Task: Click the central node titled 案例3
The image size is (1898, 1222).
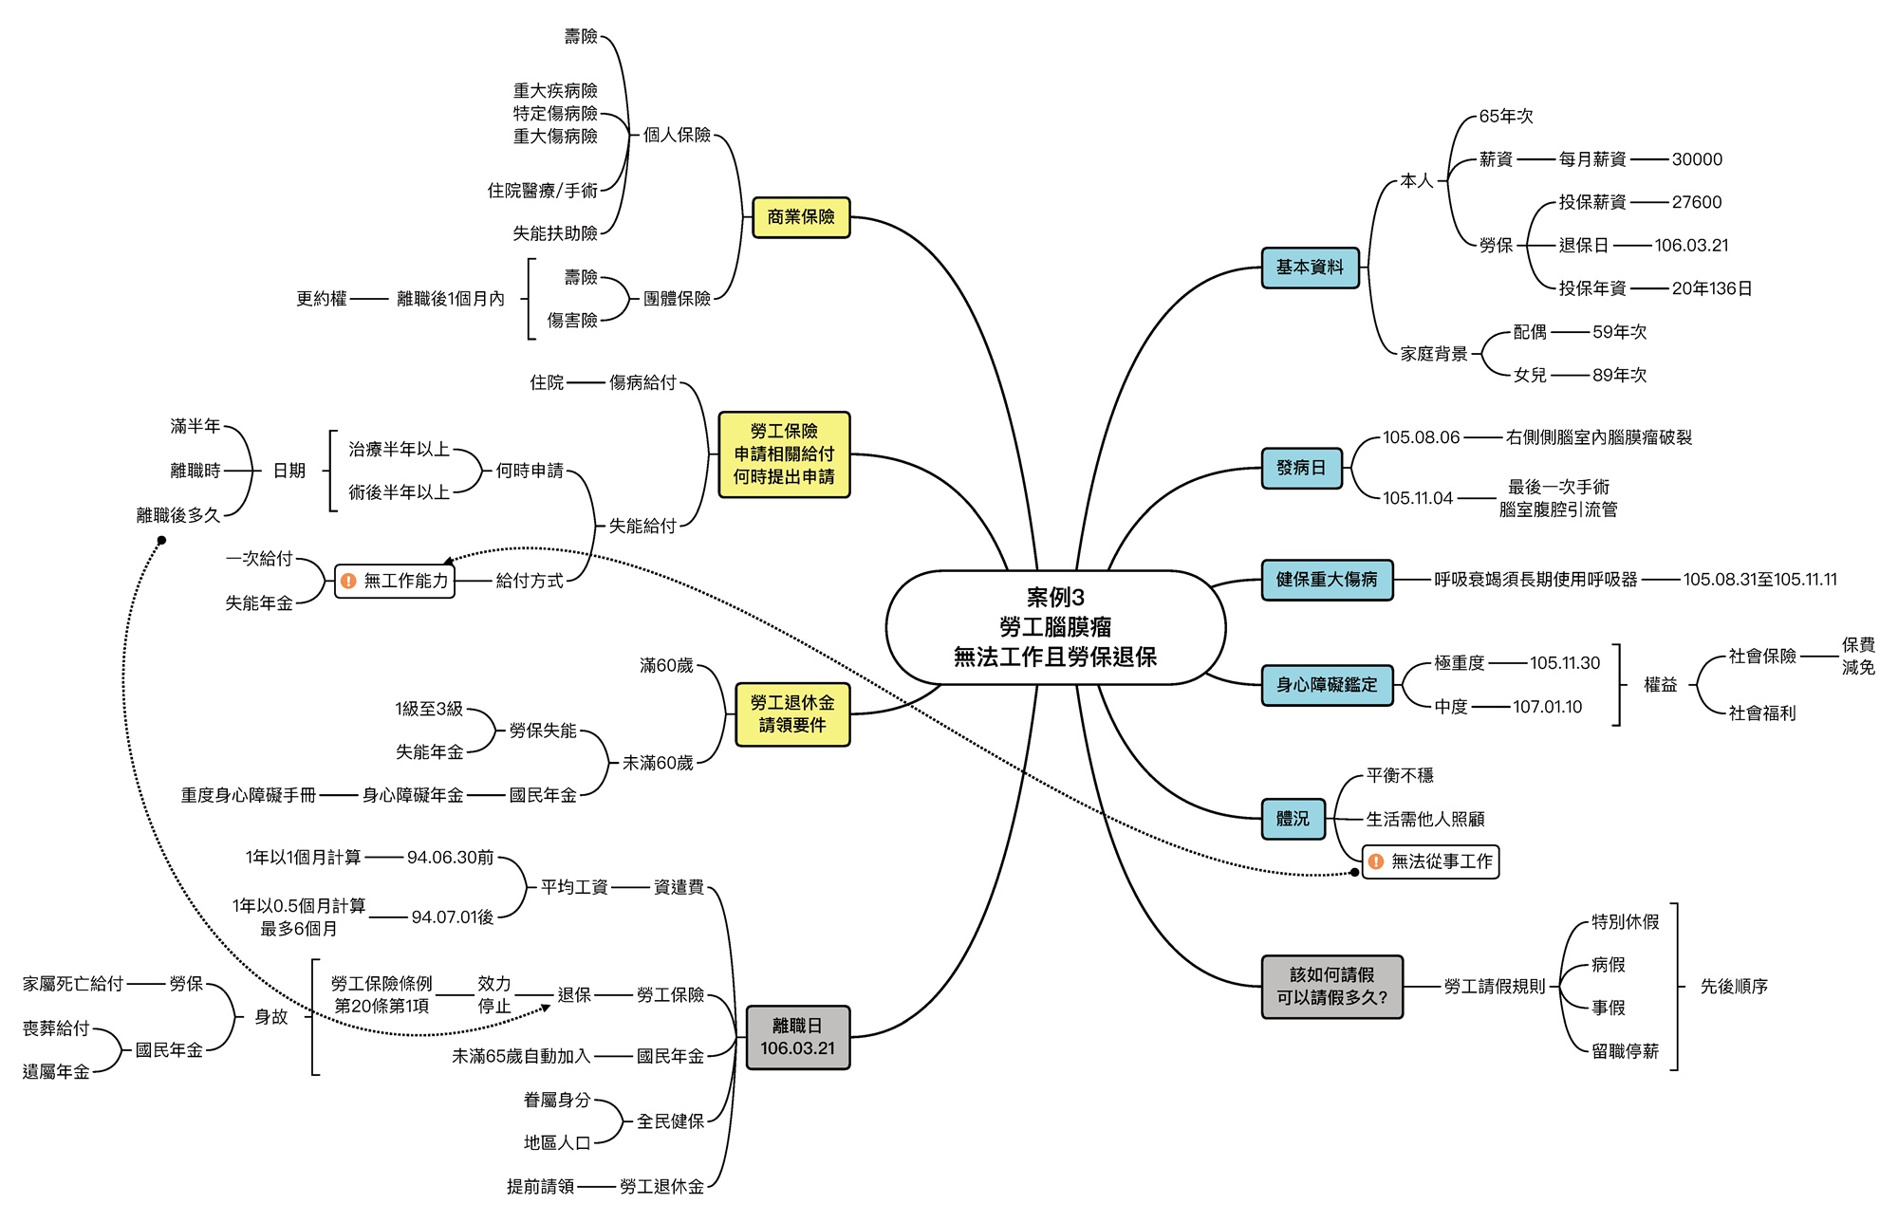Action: click(1055, 627)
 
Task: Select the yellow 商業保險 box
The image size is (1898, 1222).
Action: click(801, 217)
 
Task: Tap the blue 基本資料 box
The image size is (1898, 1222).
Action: click(1310, 268)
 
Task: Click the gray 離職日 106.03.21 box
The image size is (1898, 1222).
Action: click(797, 1037)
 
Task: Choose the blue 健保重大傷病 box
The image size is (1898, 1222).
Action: click(1327, 580)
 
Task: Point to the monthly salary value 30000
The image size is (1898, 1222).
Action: click(1697, 159)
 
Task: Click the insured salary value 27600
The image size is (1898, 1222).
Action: click(1697, 202)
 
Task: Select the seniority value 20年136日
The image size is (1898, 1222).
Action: click(1712, 288)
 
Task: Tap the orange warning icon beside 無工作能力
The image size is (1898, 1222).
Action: click(348, 581)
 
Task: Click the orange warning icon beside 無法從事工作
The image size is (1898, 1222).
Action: click(1376, 861)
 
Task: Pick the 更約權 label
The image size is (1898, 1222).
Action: click(321, 299)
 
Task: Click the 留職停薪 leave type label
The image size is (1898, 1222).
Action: click(1625, 1051)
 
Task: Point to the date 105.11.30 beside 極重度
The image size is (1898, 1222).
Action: click(1565, 663)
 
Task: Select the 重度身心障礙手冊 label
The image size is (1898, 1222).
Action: click(249, 795)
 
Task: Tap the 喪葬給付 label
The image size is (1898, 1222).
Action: click(56, 1028)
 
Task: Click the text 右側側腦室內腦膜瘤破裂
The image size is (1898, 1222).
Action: click(1599, 437)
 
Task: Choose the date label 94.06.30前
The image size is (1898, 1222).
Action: click(451, 858)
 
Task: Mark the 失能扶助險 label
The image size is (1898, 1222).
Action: click(555, 233)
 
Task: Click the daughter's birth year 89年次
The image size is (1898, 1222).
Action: click(1619, 376)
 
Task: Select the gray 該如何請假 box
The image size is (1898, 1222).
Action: click(1331, 987)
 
